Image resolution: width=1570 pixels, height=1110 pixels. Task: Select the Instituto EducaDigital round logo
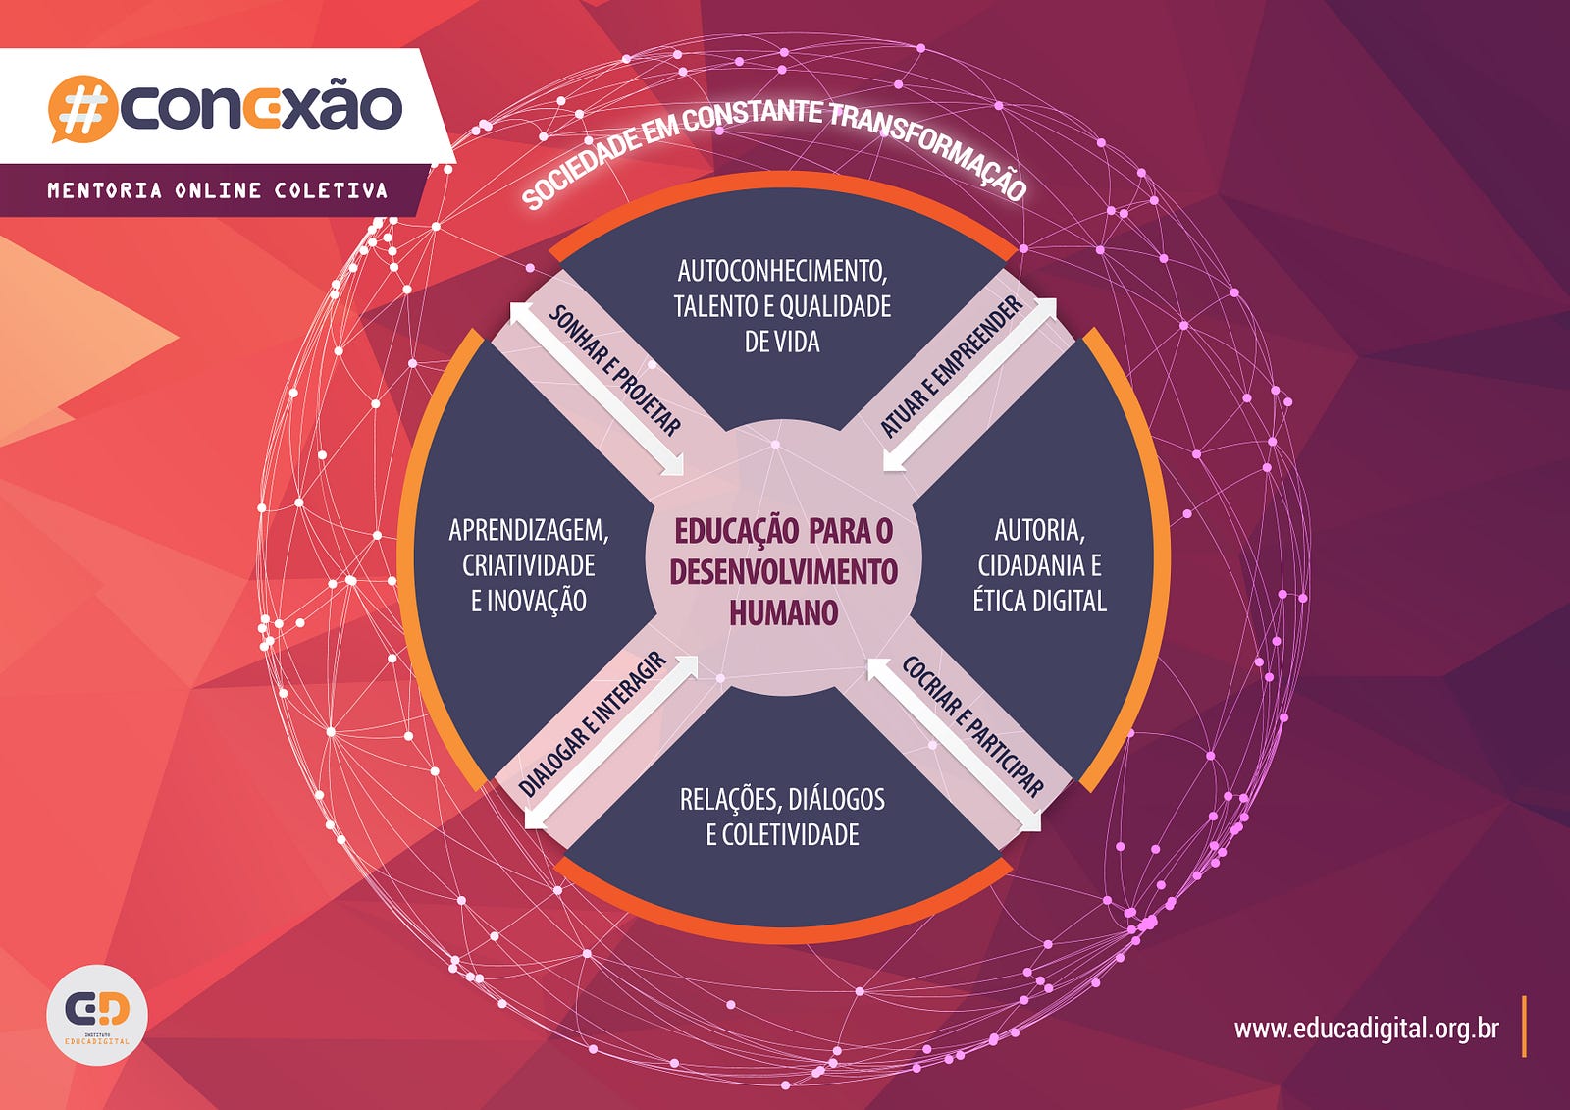[97, 1015]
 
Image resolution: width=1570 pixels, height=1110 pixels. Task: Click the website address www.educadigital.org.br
[1366, 1029]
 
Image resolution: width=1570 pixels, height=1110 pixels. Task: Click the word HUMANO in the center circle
[784, 612]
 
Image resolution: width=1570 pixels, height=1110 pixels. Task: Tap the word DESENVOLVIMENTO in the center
[784, 572]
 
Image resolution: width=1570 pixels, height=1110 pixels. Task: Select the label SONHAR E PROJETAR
[614, 370]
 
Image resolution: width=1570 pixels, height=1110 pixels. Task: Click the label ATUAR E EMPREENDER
[951, 366]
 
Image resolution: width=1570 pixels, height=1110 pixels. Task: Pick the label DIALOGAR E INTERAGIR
[593, 723]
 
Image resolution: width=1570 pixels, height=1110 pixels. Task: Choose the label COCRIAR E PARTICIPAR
[972, 726]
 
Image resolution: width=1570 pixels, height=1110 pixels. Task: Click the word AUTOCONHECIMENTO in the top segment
[782, 271]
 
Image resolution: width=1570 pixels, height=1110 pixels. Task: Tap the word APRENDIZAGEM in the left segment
[529, 530]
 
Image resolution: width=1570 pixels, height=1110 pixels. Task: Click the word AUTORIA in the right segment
[1039, 530]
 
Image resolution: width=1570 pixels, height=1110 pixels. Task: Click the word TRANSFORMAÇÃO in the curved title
[928, 148]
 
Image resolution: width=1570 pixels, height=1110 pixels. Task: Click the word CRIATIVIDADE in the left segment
[529, 565]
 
